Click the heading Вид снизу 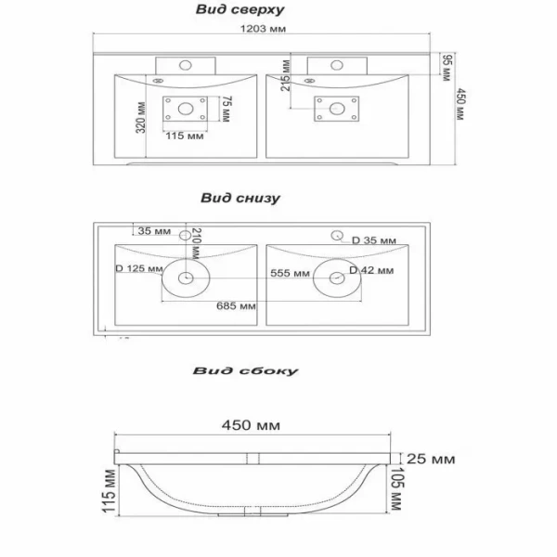[240, 198]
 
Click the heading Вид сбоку [246, 370]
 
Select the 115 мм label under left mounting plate [185, 136]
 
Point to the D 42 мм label [371, 270]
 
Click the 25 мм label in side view [431, 458]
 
